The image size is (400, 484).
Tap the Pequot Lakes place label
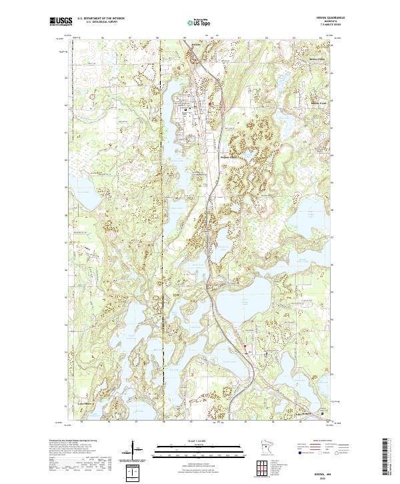pos(230,158)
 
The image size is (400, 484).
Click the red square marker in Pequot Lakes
pos(211,103)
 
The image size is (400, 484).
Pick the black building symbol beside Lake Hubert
pos(325,413)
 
